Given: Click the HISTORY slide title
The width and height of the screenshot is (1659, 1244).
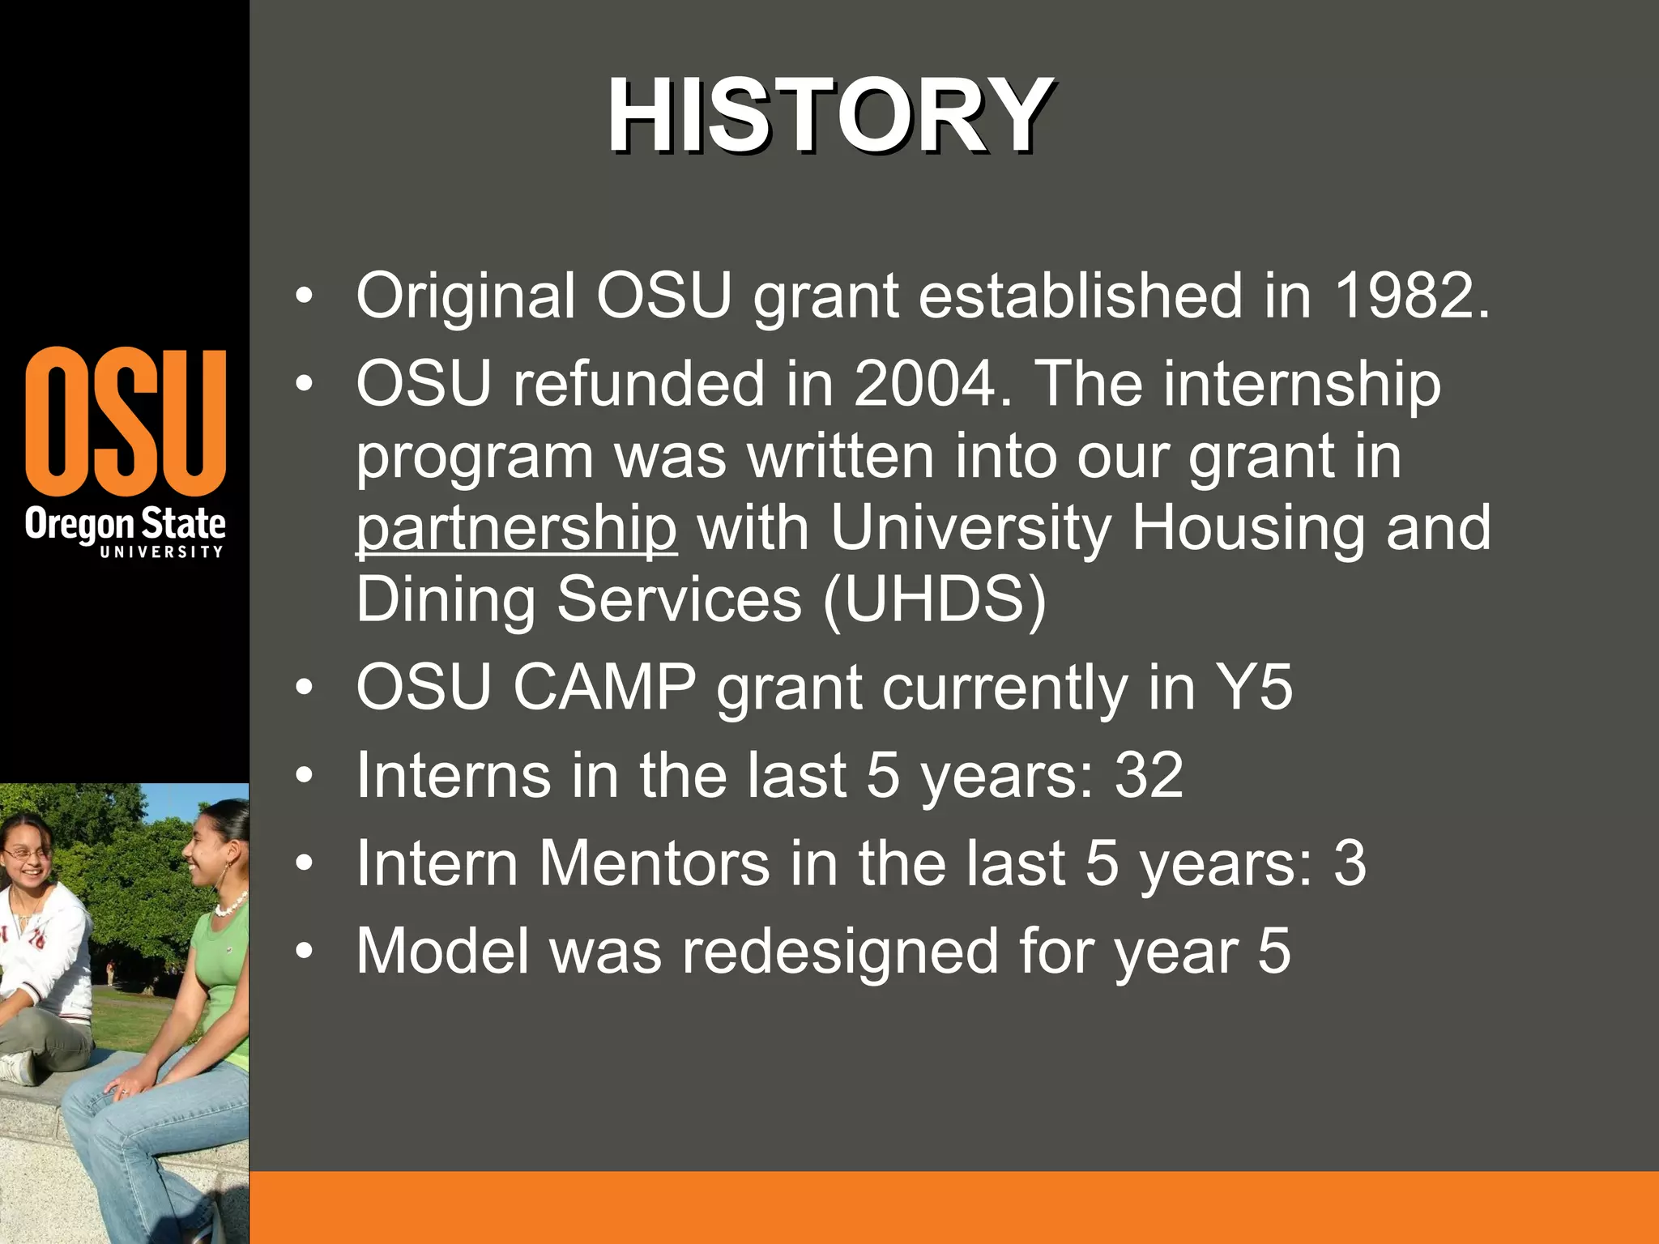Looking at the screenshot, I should coord(829,115).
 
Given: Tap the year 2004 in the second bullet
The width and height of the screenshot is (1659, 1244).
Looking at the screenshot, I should coord(923,383).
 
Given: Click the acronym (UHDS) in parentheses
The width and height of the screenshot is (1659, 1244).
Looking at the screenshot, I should coord(934,600).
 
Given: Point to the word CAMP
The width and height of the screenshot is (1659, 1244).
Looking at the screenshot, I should coord(604,688).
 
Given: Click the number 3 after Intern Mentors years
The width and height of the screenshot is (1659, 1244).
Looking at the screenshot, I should coord(1350,863).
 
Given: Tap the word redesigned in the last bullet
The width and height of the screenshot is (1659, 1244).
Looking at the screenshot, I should coord(839,952).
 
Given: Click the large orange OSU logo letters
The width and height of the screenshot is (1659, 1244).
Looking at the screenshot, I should coord(126,422).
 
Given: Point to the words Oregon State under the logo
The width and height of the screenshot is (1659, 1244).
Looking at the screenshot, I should coord(126,524).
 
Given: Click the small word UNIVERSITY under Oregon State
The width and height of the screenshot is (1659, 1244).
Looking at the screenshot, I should coord(161,552).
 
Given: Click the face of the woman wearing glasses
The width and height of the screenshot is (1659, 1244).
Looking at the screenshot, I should coord(24,858).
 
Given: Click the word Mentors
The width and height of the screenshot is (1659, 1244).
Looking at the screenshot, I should coord(655,863).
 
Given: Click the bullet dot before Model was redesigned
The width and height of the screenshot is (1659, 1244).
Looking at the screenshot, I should coord(304,952).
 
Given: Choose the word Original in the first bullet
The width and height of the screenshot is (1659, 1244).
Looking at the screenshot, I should coord(465,296).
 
